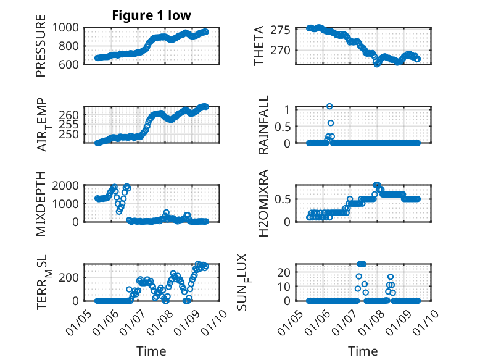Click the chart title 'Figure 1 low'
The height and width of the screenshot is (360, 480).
click(151, 15)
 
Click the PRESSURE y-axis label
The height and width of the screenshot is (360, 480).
click(41, 50)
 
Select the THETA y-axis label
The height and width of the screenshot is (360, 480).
click(259, 46)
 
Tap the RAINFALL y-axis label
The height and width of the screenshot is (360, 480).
click(263, 125)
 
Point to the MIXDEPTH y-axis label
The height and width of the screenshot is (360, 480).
click(41, 203)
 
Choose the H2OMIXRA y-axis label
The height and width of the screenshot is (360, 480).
click(263, 203)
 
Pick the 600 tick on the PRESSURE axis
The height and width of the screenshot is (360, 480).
click(70, 64)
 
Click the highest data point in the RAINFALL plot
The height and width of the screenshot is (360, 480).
click(329, 106)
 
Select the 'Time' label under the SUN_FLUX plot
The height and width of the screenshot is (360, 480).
click(363, 351)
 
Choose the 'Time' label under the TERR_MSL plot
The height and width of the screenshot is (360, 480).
click(151, 351)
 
